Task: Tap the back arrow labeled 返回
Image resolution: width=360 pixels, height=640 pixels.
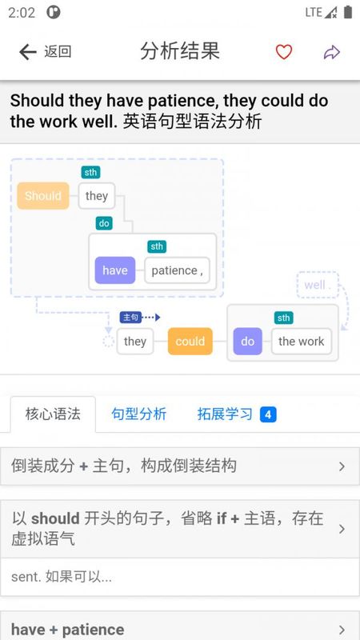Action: coord(28,52)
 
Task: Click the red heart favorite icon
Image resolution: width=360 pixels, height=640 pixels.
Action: coord(284,52)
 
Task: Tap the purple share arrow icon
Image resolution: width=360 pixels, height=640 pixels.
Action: coord(332,52)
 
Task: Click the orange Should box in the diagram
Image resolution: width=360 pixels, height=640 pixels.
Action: coord(43,196)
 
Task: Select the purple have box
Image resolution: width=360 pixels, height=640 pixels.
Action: coord(115,270)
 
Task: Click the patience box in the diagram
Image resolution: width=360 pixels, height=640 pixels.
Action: coord(177,270)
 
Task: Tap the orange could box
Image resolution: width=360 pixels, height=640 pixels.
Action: coord(190,342)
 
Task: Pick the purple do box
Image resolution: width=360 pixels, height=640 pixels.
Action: coord(248,342)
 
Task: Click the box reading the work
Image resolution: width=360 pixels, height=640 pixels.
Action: coord(302,342)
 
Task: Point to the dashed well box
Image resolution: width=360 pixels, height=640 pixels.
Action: coord(318,285)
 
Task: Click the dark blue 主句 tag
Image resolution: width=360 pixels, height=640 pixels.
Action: coord(130,317)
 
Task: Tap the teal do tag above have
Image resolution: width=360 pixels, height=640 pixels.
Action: coord(104,223)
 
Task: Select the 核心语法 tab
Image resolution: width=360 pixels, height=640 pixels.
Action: coord(53,414)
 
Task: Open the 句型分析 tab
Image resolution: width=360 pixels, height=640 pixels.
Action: coord(138,414)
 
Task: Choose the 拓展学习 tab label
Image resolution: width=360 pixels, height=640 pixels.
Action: coord(225,414)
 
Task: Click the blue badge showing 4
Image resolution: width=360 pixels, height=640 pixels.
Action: coord(268,414)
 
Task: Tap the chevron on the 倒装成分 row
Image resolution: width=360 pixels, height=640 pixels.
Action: coord(342,466)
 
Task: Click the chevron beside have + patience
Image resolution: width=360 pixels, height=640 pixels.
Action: coord(342,630)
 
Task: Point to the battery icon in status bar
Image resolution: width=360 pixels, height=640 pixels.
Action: coord(348,12)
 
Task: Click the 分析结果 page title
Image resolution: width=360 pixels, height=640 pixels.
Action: coord(180,51)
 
